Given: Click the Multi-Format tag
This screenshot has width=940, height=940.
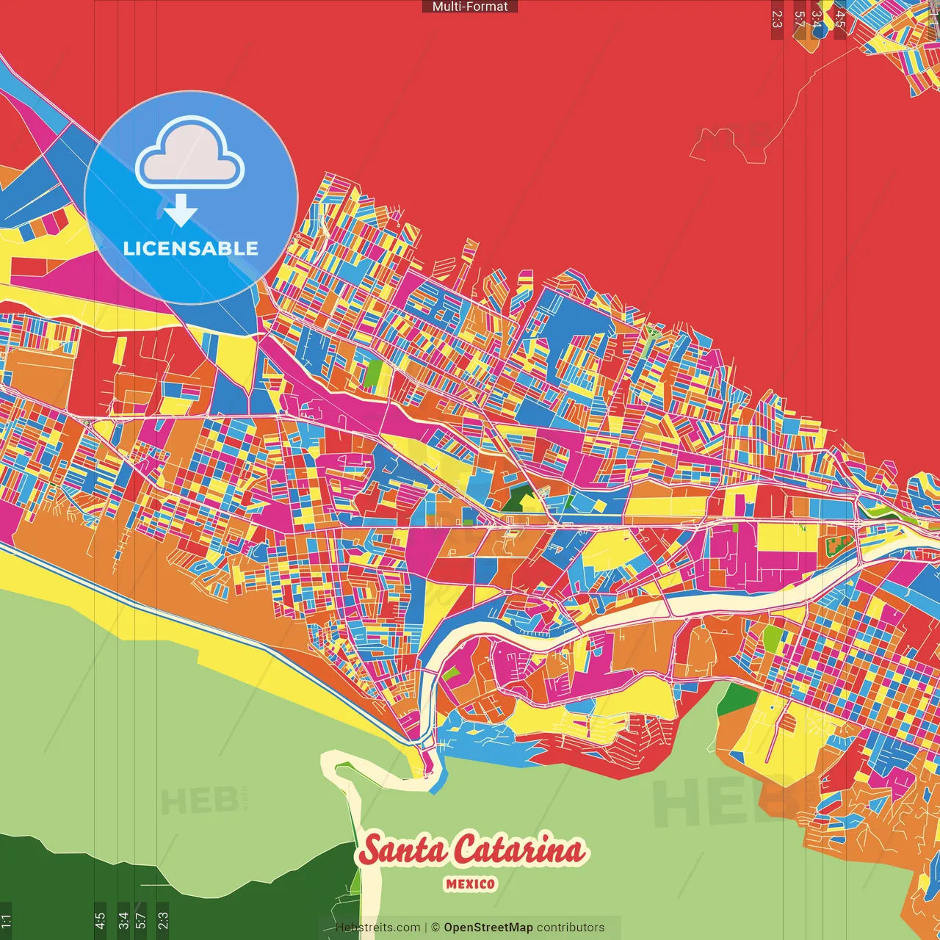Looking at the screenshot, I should click(470, 7).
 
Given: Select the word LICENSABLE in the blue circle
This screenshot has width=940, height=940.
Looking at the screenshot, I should click(191, 248).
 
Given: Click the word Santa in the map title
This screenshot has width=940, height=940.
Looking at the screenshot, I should click(403, 850).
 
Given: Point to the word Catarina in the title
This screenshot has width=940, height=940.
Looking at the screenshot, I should click(518, 850).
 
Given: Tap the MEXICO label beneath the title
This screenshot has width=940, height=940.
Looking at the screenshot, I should click(470, 884).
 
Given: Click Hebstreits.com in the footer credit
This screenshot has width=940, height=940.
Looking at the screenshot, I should click(377, 928).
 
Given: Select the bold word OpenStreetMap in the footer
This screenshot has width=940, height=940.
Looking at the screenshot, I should click(488, 928).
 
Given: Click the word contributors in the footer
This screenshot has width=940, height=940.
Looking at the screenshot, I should click(571, 928).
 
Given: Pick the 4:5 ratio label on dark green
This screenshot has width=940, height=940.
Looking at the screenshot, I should click(100, 920).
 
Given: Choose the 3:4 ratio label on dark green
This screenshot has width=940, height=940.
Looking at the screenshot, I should click(123, 920).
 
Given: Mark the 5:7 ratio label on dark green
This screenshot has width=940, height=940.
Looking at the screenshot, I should click(141, 920).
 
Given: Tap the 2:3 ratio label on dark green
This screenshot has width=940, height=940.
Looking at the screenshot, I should click(163, 920).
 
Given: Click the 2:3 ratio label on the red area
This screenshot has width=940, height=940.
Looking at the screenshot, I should click(777, 19).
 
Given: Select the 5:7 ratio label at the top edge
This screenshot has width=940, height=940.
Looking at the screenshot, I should click(799, 19).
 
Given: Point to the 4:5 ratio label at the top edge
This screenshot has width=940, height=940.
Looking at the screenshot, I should click(840, 19).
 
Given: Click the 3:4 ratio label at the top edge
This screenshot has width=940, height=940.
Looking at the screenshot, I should click(817, 19).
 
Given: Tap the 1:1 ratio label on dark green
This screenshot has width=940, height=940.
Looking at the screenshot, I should click(6, 920).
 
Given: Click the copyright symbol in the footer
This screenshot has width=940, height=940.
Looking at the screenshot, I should click(435, 928).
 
